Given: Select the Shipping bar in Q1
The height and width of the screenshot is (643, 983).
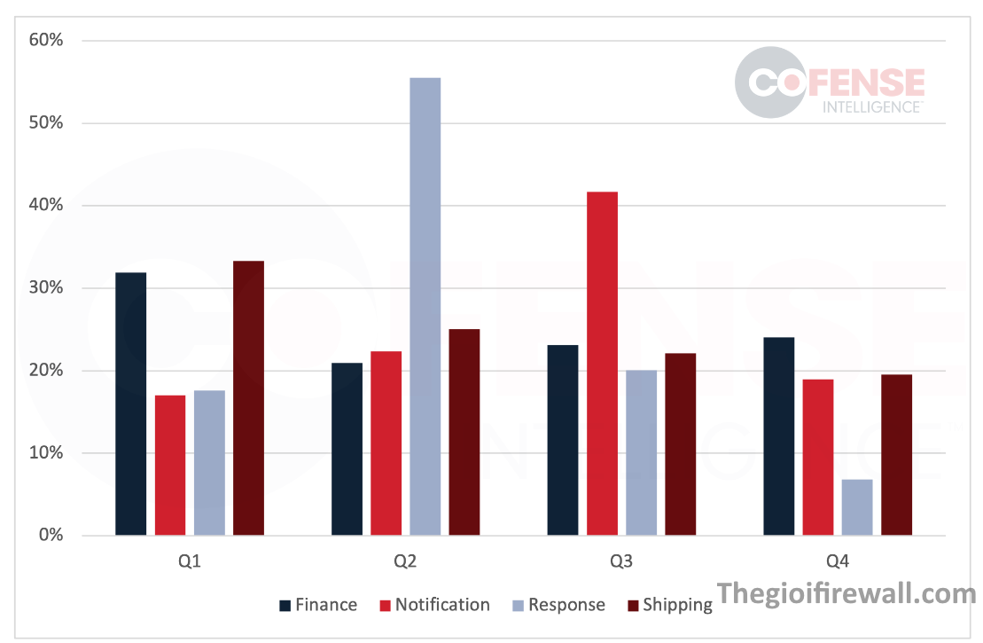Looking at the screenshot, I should click(x=248, y=398).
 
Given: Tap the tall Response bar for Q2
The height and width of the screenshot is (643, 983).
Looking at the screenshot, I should click(x=425, y=306).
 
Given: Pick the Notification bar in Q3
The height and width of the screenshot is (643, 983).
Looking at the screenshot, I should click(x=602, y=364).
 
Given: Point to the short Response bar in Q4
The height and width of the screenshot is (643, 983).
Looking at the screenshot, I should click(x=857, y=507).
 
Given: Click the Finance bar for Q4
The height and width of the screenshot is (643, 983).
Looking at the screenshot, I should click(x=778, y=436).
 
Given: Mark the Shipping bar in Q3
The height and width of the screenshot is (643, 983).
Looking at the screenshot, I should click(x=680, y=444).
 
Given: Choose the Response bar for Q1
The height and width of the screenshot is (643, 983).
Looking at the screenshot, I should click(x=209, y=463).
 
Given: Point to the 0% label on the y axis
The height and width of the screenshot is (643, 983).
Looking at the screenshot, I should click(x=50, y=536).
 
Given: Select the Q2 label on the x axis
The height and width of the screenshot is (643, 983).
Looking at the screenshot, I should click(x=405, y=561).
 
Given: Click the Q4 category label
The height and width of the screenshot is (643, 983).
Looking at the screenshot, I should click(x=837, y=561).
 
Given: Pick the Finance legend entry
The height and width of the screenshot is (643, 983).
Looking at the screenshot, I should click(x=318, y=605).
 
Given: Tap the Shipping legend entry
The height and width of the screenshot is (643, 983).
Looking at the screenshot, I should click(x=669, y=605).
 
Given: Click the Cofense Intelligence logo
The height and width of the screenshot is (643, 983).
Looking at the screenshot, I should click(x=829, y=82).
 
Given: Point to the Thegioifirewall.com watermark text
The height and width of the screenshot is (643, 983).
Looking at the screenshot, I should click(x=846, y=593).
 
